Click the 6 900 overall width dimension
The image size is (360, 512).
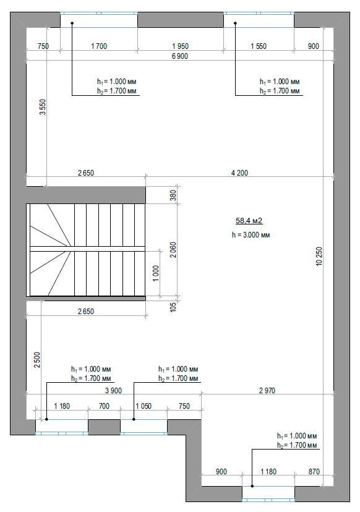pyautogui.click(x=180, y=56)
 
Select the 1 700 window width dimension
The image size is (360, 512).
pyautogui.click(x=99, y=46)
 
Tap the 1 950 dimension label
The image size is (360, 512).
pyautogui.click(x=181, y=46)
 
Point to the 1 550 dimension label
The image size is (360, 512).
pyautogui.click(x=259, y=46)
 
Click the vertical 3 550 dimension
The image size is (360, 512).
pyautogui.click(x=43, y=107)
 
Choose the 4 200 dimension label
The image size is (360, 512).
pyautogui.click(x=240, y=173)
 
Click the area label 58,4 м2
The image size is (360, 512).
pyautogui.click(x=249, y=221)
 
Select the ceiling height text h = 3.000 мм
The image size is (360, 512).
pyautogui.click(x=251, y=235)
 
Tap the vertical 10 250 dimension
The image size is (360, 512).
pyautogui.click(x=319, y=256)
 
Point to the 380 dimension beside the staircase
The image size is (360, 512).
pyautogui.click(x=173, y=195)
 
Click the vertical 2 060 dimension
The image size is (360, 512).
pyautogui.click(x=173, y=250)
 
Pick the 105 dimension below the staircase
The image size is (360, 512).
pyautogui.click(x=173, y=307)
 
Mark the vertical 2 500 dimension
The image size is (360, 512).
pyautogui.click(x=37, y=360)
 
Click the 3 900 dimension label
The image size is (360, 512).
pyautogui.click(x=113, y=391)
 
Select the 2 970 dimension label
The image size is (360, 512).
pyautogui.click(x=267, y=391)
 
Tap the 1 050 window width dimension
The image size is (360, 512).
pyautogui.click(x=144, y=406)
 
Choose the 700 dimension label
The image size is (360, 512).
pyautogui.click(x=104, y=406)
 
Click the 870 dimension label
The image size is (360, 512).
pyautogui.click(x=314, y=472)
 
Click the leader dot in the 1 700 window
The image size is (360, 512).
pyautogui.click(x=72, y=23)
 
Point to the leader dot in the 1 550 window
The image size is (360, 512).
pyautogui.click(x=235, y=23)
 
